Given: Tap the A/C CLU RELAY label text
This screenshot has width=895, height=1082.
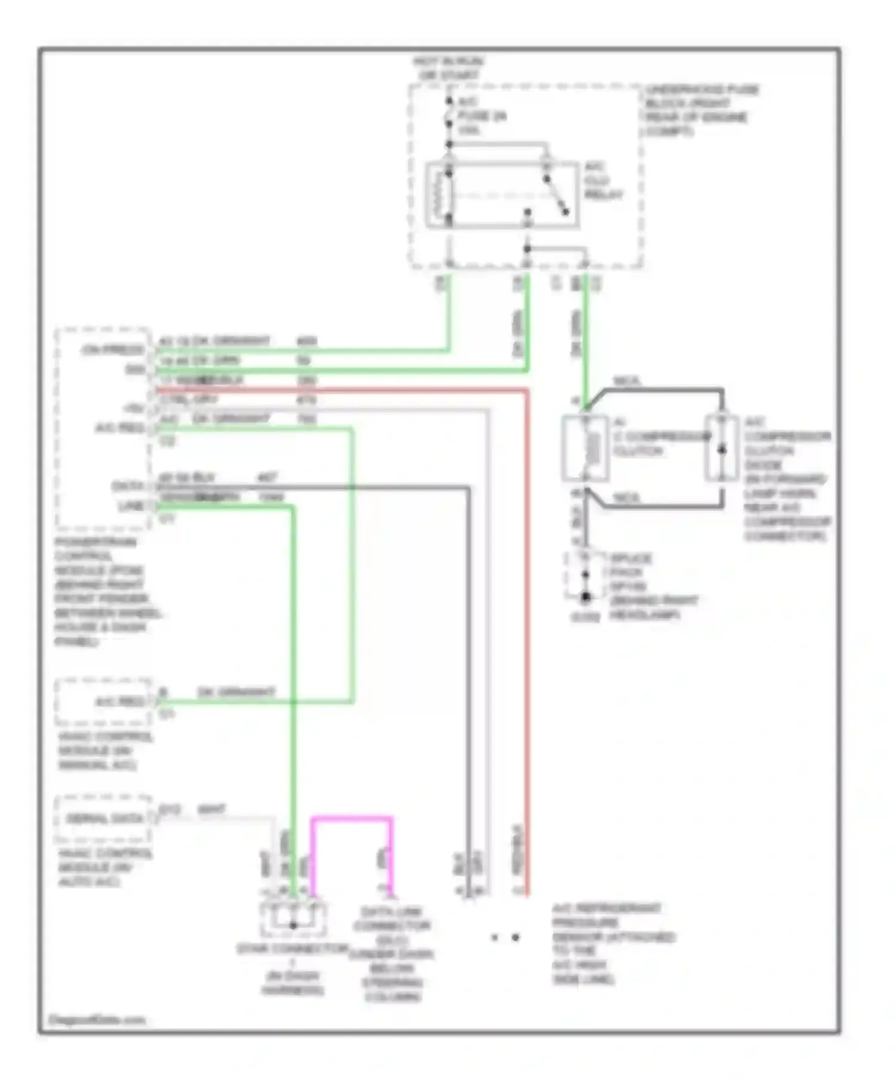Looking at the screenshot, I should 603,181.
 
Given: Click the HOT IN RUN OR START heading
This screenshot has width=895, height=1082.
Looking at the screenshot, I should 449,68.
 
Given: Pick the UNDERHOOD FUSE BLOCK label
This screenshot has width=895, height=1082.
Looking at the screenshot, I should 701,110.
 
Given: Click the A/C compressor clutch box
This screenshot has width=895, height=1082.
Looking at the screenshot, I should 585,448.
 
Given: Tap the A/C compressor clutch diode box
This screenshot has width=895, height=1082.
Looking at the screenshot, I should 721,448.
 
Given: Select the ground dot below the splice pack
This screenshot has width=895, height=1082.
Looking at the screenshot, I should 586,596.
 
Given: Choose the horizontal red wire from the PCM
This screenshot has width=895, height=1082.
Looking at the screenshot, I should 340,391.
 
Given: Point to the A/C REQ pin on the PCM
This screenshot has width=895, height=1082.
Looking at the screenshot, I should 119,428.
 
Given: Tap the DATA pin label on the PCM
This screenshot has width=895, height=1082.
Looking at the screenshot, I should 128,486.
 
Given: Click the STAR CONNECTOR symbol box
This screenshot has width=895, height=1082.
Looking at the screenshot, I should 293,919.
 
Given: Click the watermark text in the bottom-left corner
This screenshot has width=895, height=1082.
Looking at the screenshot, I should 97,1019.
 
